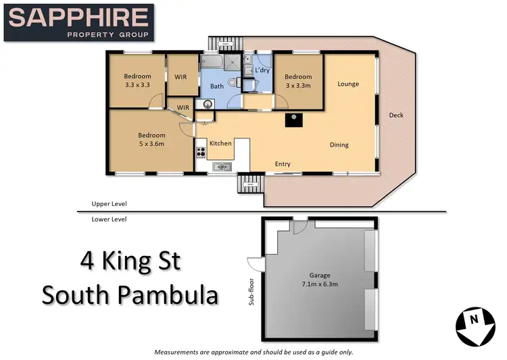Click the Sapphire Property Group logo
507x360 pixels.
80,22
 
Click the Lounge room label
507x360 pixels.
348,84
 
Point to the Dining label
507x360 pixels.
339,145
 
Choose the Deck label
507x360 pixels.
396,115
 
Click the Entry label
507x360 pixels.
283,164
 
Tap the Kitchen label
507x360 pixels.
220,144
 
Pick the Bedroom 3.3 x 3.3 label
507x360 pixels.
137,81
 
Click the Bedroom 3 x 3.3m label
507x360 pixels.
297,81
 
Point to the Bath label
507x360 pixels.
216,86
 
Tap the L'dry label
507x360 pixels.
262,71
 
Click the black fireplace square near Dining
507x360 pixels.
294,120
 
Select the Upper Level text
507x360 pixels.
110,204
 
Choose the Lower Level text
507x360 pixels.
110,219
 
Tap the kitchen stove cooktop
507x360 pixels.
201,151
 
